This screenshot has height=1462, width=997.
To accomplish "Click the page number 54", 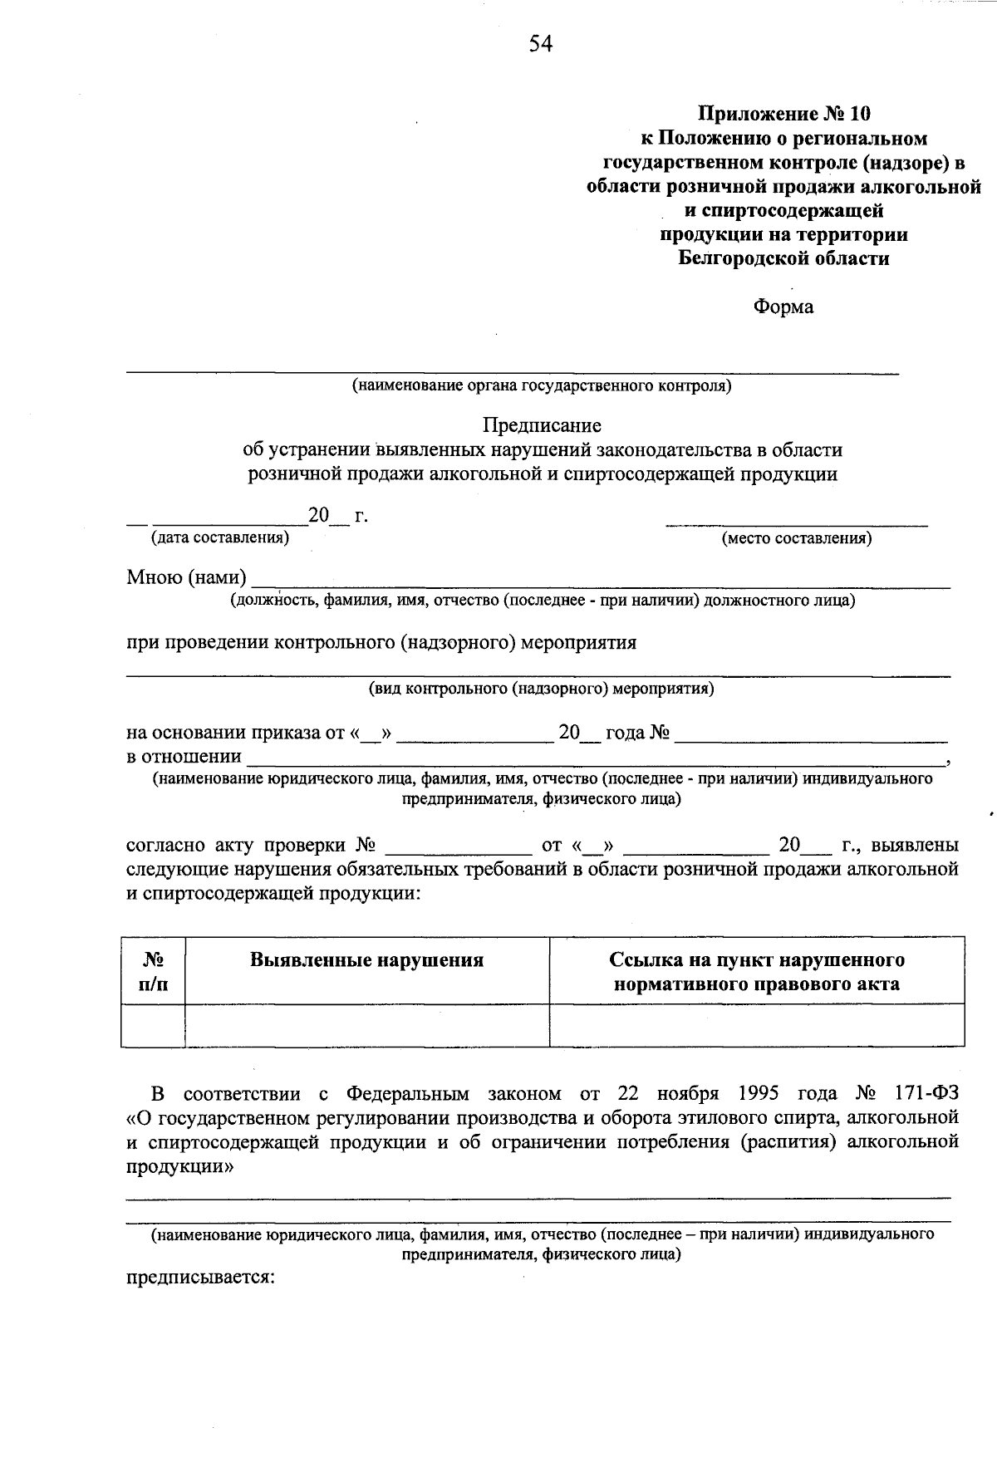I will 540,44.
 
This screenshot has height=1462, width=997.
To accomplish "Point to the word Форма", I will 783,307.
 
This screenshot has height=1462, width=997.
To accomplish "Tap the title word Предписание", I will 542,425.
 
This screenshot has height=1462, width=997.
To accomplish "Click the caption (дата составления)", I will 219,537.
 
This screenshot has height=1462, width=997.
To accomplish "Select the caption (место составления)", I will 797,538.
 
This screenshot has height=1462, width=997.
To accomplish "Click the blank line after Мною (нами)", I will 598,580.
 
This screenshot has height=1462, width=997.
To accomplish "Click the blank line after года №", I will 810,734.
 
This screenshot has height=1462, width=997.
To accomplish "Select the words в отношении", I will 184,757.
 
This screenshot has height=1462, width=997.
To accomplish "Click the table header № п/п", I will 153,971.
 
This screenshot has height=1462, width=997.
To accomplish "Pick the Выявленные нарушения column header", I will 366,960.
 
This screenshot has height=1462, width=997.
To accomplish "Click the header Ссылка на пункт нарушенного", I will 756,960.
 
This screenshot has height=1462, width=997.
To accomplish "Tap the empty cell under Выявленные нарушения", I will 366,1024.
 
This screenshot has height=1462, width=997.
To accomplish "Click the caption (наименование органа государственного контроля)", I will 541,385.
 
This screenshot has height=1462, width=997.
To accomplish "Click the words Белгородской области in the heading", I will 783,258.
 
